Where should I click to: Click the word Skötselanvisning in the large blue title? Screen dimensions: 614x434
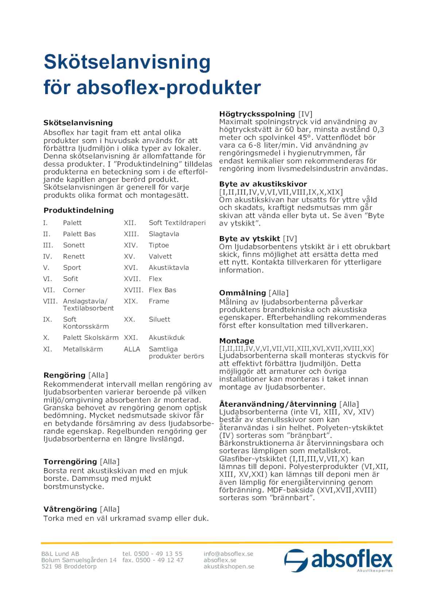pyautogui.click(x=127, y=62)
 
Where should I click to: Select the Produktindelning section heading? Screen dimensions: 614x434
pyautogui.click(x=78, y=210)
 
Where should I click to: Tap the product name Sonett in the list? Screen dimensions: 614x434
pyautogui.click(x=74, y=245)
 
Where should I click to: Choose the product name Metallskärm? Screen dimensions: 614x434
pyautogui.click(x=83, y=349)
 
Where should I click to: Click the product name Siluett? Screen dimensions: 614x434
pyautogui.click(x=159, y=319)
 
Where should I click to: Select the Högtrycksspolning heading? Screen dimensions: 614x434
pyautogui.click(x=257, y=114)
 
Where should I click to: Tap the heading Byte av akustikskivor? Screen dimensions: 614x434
pyautogui.click(x=263, y=184)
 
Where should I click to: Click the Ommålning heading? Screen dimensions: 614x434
pyautogui.click(x=243, y=293)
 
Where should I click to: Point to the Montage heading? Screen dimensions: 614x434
pyautogui.click(x=237, y=341)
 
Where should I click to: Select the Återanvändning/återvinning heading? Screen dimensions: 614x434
pyautogui.click(x=278, y=404)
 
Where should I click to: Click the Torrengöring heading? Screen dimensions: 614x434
pyautogui.click(x=70, y=462)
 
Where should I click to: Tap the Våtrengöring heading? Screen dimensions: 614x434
pyautogui.click(x=70, y=509)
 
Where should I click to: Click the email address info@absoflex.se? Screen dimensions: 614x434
pyautogui.click(x=228, y=553)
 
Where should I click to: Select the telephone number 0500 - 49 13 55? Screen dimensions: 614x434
pyautogui.click(x=158, y=553)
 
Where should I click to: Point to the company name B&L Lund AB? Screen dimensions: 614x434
pyautogui.click(x=60, y=553)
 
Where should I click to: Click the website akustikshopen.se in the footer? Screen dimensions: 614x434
pyautogui.click(x=229, y=566)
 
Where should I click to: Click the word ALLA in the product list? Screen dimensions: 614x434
pyautogui.click(x=132, y=349)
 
